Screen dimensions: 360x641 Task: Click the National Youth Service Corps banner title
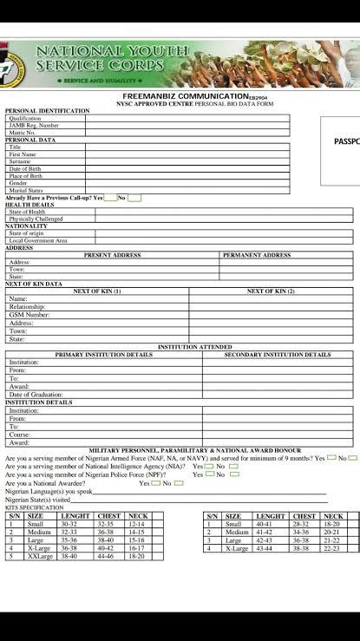[111, 59]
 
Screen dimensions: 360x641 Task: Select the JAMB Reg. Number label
[34, 126]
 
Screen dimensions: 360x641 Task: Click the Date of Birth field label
[26, 168]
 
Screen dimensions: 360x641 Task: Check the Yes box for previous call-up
[109, 198]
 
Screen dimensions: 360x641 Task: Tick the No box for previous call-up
[134, 198]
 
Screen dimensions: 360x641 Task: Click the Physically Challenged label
[36, 219]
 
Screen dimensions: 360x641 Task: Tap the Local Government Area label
[37, 240]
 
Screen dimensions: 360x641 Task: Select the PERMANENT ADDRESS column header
[257, 255]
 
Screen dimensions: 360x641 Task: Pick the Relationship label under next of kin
[27, 306]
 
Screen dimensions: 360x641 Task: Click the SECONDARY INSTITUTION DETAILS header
[278, 354]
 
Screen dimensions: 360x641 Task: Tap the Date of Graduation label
[36, 395]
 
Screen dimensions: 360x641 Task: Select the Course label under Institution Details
[19, 435]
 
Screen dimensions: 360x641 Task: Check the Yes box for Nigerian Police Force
[209, 474]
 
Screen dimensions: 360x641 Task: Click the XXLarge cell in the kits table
[40, 556]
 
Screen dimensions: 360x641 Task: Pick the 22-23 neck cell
[332, 548]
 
